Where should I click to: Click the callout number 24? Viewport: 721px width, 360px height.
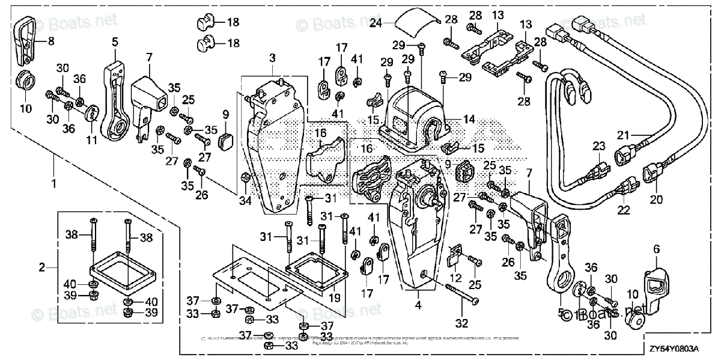[376, 24]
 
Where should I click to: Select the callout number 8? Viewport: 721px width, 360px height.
[50, 41]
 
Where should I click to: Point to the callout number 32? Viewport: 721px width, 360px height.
[461, 323]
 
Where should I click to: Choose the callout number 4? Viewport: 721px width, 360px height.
[419, 304]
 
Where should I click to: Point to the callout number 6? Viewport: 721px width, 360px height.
[656, 248]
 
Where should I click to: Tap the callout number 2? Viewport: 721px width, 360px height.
[42, 265]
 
